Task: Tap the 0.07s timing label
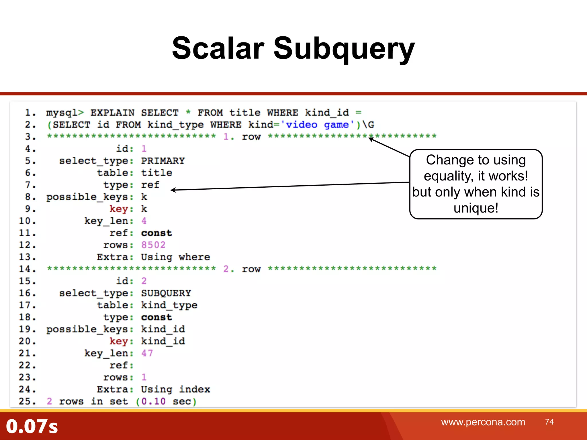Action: coord(32,426)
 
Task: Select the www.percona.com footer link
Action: coord(483,422)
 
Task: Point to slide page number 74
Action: coord(549,422)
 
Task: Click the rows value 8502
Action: coord(153,245)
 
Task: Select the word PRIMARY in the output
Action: coord(163,161)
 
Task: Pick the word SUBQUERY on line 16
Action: coord(166,293)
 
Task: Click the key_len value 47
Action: coord(147,353)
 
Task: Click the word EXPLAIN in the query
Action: coord(112,113)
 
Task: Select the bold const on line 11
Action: coord(156,233)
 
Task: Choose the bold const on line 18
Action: coord(156,317)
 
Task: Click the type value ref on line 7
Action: coord(150,185)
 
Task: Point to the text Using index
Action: coord(175,389)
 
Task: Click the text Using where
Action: coord(175,257)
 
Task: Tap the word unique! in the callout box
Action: coord(476,208)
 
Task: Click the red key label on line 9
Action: coord(119,209)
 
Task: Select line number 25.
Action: coord(27,401)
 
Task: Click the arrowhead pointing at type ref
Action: coord(173,190)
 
